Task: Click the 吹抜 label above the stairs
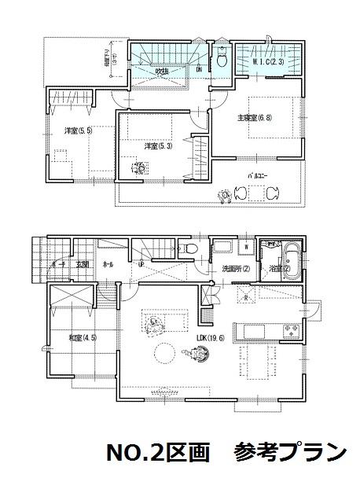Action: tap(162, 71)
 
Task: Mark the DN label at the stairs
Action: tap(199, 69)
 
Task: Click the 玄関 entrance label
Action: tap(83, 265)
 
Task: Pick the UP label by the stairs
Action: tap(140, 265)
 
